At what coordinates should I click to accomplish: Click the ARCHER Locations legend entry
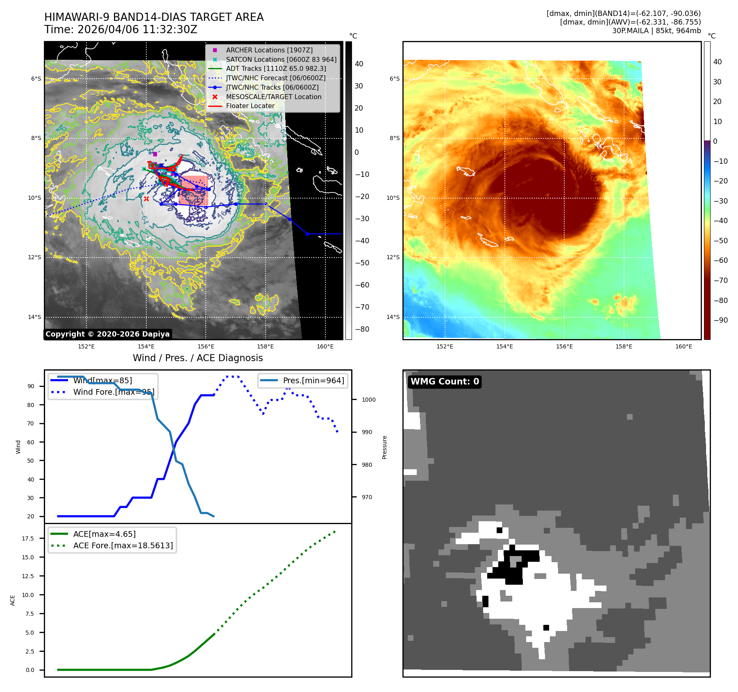click(269, 50)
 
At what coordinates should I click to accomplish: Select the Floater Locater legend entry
click(250, 106)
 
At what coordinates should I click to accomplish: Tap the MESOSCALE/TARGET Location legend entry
click(273, 97)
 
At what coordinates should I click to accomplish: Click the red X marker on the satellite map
click(146, 199)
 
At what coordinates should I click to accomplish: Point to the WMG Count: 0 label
click(445, 382)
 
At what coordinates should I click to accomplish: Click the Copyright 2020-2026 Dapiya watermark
click(107, 334)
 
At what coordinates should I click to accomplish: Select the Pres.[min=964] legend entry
click(313, 380)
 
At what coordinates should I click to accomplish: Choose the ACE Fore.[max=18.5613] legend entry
click(123, 545)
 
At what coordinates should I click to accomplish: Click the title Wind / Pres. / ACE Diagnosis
click(198, 358)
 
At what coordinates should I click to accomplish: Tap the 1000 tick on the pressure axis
click(368, 400)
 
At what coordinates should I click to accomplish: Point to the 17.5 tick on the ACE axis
click(28, 538)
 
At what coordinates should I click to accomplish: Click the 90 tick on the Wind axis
click(31, 386)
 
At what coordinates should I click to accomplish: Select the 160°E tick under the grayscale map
click(325, 346)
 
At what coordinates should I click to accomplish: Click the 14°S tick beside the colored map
click(393, 317)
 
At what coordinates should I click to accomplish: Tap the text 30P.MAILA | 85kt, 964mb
click(656, 31)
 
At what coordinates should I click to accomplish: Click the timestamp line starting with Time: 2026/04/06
click(121, 29)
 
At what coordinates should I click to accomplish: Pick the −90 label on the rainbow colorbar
click(720, 320)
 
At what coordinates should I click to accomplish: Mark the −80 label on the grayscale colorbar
click(362, 329)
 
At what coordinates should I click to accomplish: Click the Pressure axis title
click(384, 447)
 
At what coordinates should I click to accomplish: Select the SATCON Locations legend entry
click(281, 59)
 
